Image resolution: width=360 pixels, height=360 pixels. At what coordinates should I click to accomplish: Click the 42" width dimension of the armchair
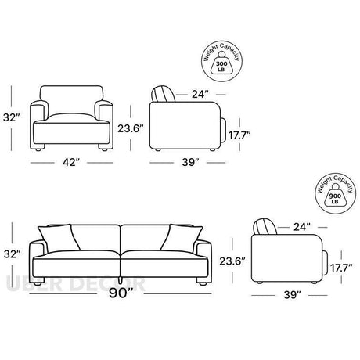[x=70, y=162]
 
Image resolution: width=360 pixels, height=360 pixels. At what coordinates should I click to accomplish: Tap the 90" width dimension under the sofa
[x=121, y=293]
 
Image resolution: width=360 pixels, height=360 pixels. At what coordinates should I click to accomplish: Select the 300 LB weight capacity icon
[x=222, y=62]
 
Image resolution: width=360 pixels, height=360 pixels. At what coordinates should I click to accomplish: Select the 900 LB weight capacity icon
[x=336, y=193]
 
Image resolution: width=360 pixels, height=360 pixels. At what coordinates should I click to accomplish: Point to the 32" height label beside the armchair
[x=12, y=117]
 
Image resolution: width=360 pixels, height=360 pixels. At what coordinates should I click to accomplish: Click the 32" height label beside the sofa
[x=12, y=254]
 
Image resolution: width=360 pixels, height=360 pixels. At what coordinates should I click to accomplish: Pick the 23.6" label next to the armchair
[x=131, y=128]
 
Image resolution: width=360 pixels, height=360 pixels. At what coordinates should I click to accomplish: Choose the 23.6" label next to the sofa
[x=232, y=261]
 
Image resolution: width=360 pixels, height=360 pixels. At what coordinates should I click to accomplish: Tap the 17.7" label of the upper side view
[x=239, y=135]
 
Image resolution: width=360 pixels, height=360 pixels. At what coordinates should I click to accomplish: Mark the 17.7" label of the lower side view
[x=341, y=268]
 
